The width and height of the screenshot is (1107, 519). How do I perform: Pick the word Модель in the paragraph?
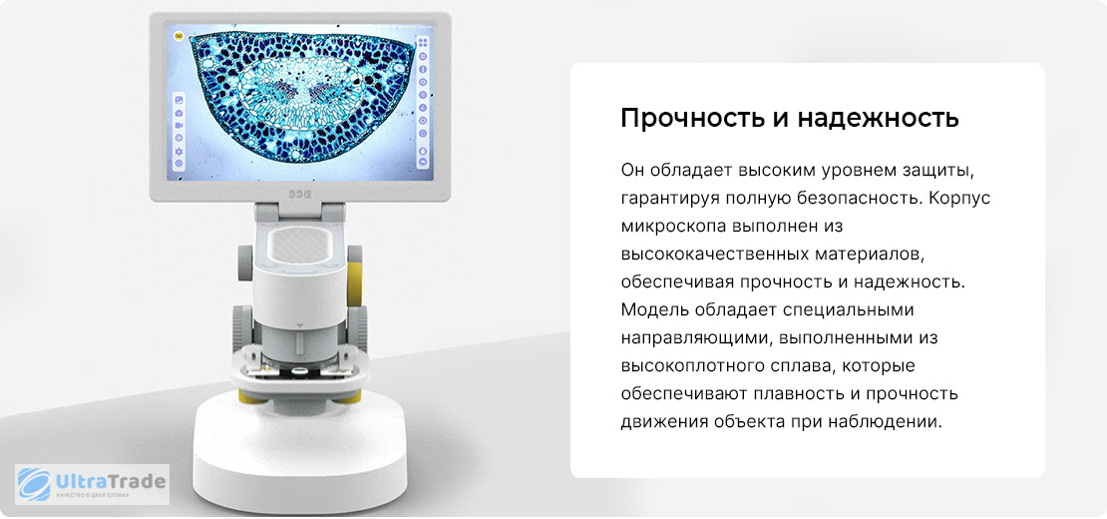coord(654,310)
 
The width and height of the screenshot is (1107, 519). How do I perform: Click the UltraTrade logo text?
coord(110,483)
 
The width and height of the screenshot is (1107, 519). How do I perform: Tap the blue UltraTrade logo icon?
coord(34,484)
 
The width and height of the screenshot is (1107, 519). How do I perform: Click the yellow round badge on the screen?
coord(179,36)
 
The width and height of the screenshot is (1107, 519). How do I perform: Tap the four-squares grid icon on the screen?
coord(423,43)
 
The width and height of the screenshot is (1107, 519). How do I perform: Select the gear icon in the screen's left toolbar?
coord(179,151)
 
